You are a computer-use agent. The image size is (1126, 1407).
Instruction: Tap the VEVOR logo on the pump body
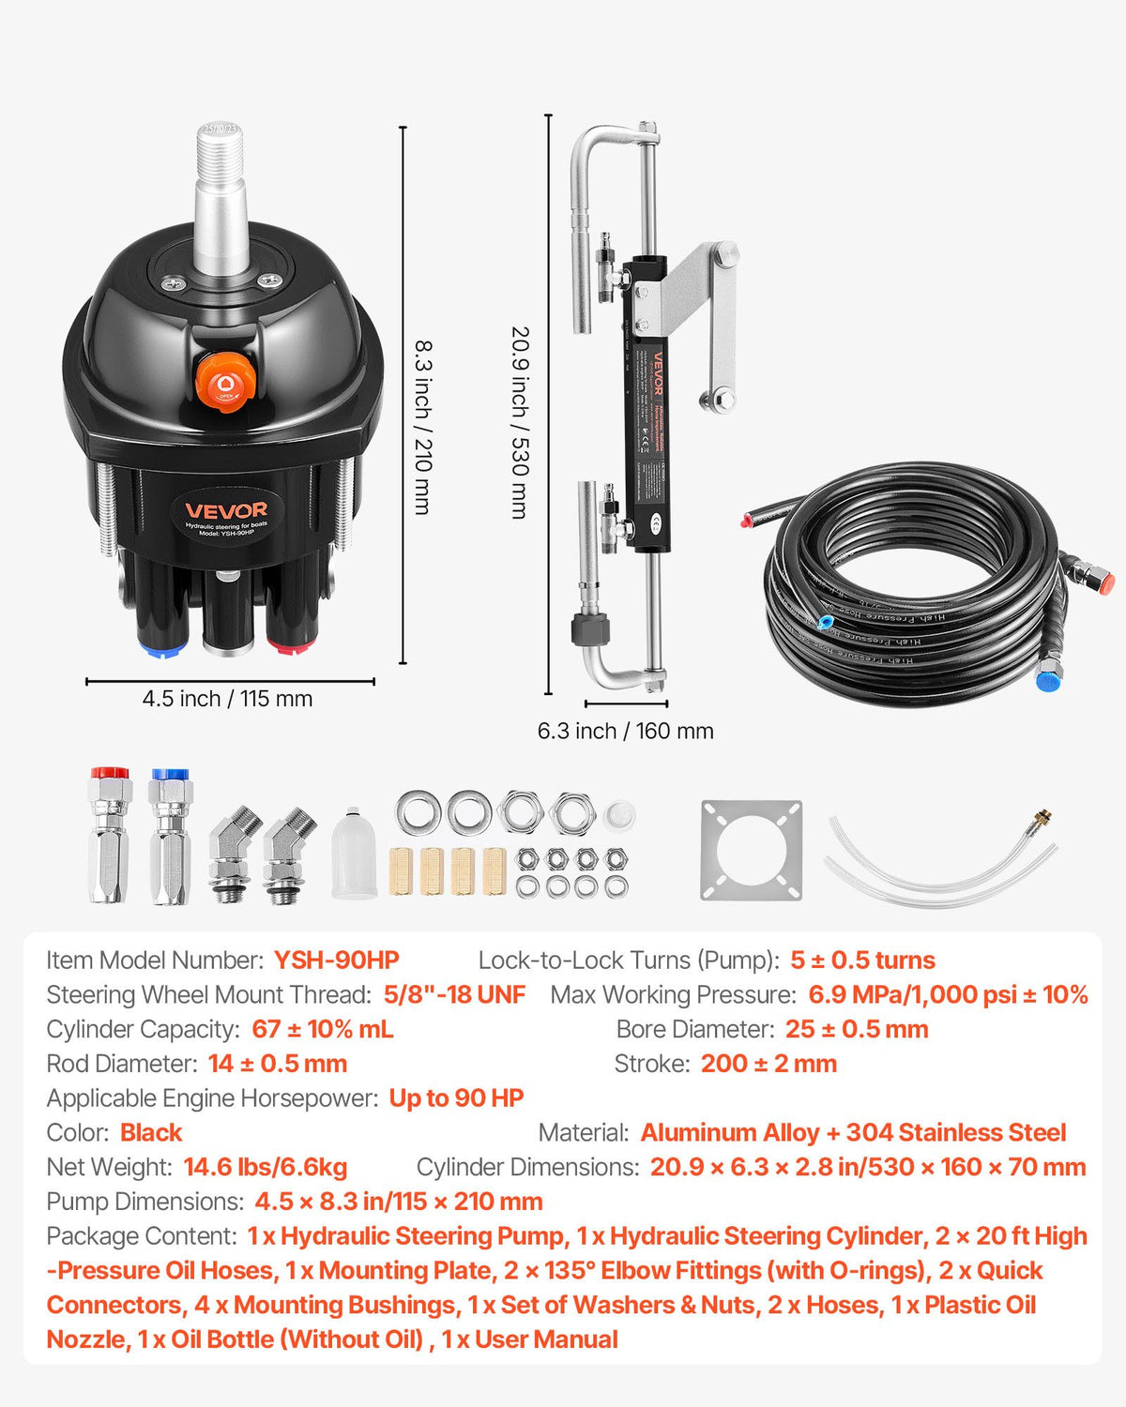[x=225, y=510]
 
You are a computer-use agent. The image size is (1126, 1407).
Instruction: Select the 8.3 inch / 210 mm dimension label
[x=423, y=427]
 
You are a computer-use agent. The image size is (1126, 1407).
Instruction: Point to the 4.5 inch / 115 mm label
[x=227, y=699]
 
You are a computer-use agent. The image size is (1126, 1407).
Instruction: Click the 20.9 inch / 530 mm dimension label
[x=520, y=422]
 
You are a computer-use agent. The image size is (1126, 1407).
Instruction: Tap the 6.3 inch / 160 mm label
[x=625, y=731]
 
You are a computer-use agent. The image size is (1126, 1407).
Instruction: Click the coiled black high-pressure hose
[x=910, y=582]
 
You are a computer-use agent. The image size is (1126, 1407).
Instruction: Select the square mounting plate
[x=751, y=850]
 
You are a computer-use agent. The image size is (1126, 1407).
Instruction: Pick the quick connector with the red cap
[x=109, y=835]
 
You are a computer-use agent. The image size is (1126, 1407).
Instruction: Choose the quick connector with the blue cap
[x=170, y=835]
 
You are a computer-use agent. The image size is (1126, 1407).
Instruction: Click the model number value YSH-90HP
[x=336, y=961]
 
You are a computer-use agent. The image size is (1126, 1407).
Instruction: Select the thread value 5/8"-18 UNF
[x=454, y=994]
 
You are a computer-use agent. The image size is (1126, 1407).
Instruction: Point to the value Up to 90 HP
[x=456, y=1098]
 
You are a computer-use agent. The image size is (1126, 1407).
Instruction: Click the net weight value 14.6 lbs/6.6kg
[x=266, y=1167]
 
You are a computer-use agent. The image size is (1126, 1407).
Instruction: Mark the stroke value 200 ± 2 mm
[x=768, y=1064]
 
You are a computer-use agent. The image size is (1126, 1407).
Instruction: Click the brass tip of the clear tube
[x=1041, y=819]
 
